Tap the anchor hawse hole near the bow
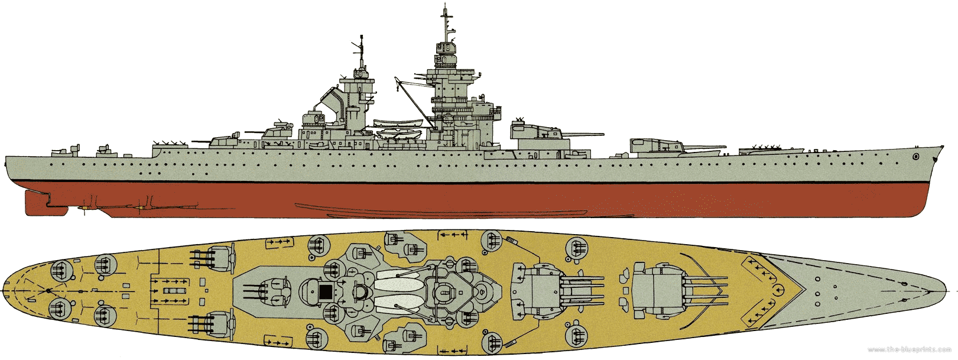[x=915, y=157]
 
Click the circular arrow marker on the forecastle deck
[x=779, y=289]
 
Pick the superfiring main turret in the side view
[x=535, y=130]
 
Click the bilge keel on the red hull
[x=378, y=207]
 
